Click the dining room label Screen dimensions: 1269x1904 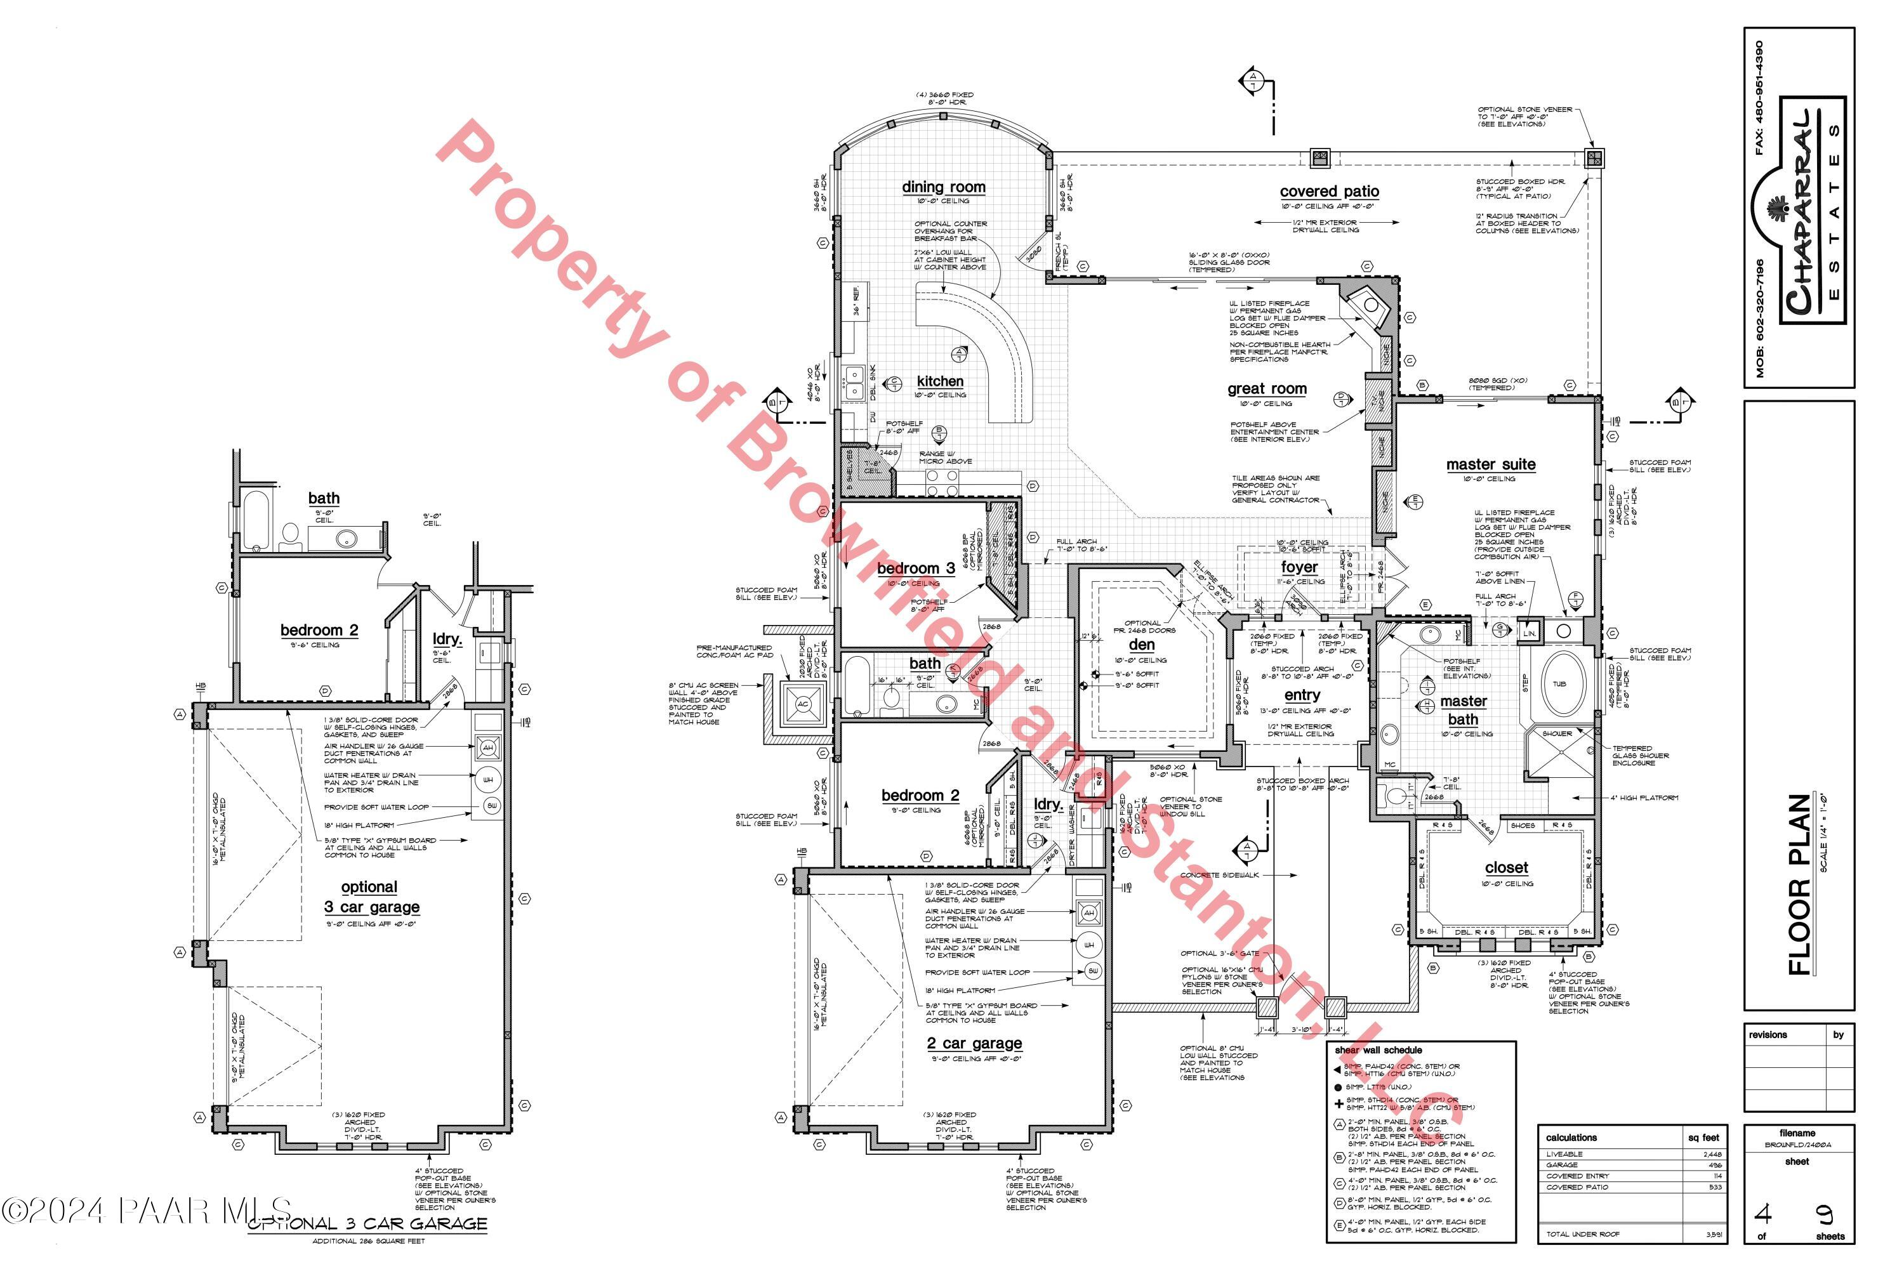(944, 187)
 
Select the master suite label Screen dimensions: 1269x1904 (1490, 464)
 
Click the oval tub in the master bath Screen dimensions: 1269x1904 (1559, 684)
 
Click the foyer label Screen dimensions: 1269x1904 (1299, 567)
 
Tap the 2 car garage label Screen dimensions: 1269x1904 (975, 1043)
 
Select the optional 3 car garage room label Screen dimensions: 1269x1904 (371, 898)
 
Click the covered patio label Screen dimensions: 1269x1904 (1329, 192)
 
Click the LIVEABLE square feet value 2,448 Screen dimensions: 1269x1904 (1710, 1154)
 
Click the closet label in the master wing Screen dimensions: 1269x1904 (1507, 867)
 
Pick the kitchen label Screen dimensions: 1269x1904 (940, 381)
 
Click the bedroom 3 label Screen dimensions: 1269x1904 (916, 569)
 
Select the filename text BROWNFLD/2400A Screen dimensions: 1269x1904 (1797, 1145)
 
